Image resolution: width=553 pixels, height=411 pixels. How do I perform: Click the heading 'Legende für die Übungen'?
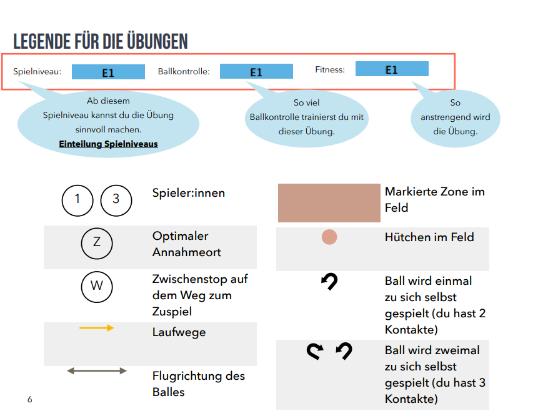[101, 41]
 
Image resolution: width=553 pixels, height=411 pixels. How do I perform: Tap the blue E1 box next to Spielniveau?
[108, 72]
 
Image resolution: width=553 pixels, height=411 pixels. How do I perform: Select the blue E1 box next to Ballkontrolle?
[256, 71]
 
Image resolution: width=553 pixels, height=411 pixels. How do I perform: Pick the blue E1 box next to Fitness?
[392, 69]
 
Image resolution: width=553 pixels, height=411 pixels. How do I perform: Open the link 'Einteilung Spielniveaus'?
[108, 144]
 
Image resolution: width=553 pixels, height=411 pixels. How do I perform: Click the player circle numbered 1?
[77, 201]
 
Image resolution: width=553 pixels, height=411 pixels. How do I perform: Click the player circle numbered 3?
[116, 201]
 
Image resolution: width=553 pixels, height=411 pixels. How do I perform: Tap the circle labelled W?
[97, 287]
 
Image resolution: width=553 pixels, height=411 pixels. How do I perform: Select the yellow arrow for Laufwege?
[97, 327]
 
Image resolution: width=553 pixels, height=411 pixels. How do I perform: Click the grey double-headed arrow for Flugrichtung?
[97, 371]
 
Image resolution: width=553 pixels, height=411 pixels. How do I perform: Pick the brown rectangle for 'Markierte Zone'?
[329, 203]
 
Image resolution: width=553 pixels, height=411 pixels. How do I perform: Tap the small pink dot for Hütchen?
[329, 237]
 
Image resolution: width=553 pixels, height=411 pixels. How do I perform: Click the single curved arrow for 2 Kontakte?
[329, 283]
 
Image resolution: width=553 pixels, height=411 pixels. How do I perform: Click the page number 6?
[29, 399]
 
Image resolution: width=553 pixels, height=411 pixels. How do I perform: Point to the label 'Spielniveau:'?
[37, 72]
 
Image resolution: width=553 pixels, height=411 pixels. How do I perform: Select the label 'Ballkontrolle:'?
[184, 72]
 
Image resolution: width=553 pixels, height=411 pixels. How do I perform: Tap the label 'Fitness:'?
[330, 69]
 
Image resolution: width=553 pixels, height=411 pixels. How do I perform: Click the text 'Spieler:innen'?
[188, 193]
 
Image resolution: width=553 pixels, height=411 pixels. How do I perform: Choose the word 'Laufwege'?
[179, 332]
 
